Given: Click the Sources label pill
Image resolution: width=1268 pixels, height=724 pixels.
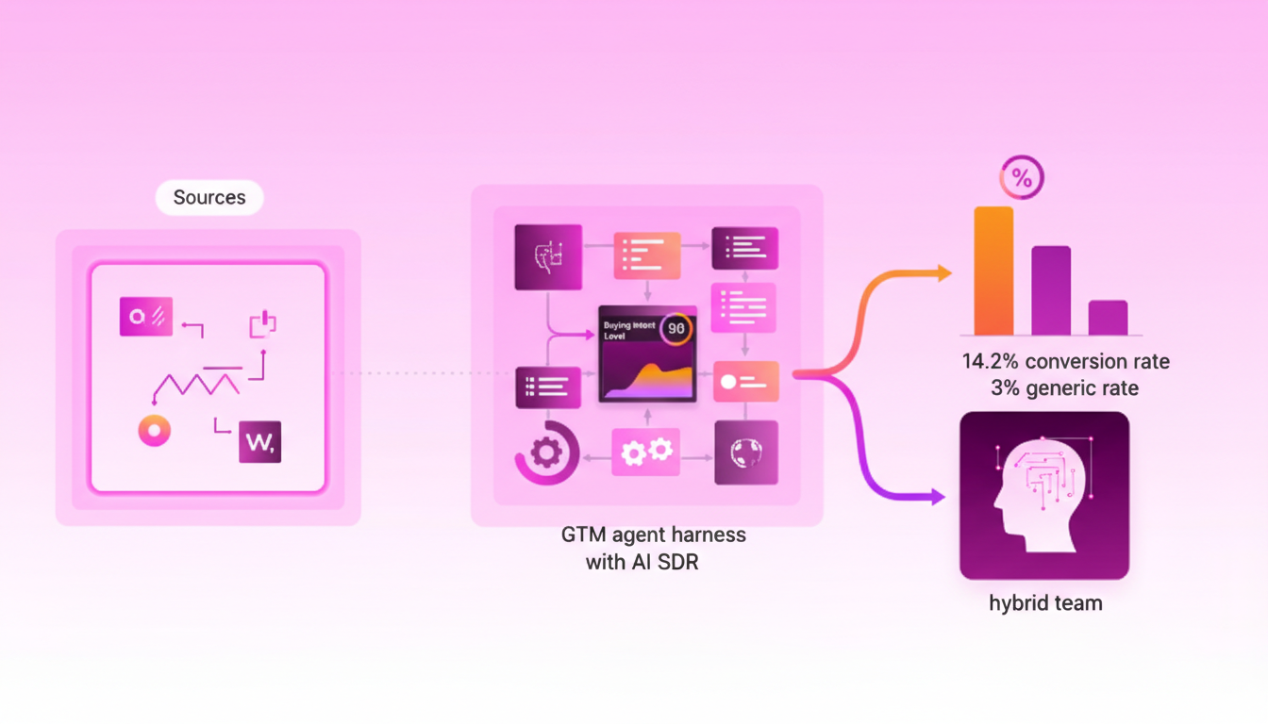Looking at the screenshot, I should click(209, 198).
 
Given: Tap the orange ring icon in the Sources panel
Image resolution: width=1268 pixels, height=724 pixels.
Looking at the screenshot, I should click(154, 431).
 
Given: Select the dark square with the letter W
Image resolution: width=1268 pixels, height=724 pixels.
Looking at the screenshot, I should click(259, 441).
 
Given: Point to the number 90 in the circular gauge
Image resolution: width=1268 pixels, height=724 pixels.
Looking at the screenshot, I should click(676, 328).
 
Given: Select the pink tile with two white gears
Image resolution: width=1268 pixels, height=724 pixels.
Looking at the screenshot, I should click(646, 452).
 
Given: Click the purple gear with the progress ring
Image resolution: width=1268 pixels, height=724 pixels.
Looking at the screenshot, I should click(546, 452).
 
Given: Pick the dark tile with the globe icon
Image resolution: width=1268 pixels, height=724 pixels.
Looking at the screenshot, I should click(746, 452).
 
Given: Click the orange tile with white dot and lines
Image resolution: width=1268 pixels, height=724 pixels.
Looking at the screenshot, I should click(746, 382).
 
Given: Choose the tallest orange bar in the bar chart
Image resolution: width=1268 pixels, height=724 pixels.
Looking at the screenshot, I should click(993, 271).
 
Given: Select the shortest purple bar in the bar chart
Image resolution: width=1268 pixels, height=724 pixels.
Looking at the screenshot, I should click(1108, 318).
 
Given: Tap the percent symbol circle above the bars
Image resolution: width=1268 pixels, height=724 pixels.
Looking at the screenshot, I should click(1022, 177).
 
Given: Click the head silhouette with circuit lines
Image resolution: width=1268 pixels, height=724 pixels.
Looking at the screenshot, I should click(1037, 490).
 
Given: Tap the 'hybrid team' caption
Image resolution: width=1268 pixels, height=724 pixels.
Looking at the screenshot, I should click(1045, 603).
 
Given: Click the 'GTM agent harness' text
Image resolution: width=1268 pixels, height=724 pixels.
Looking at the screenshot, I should click(653, 535).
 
